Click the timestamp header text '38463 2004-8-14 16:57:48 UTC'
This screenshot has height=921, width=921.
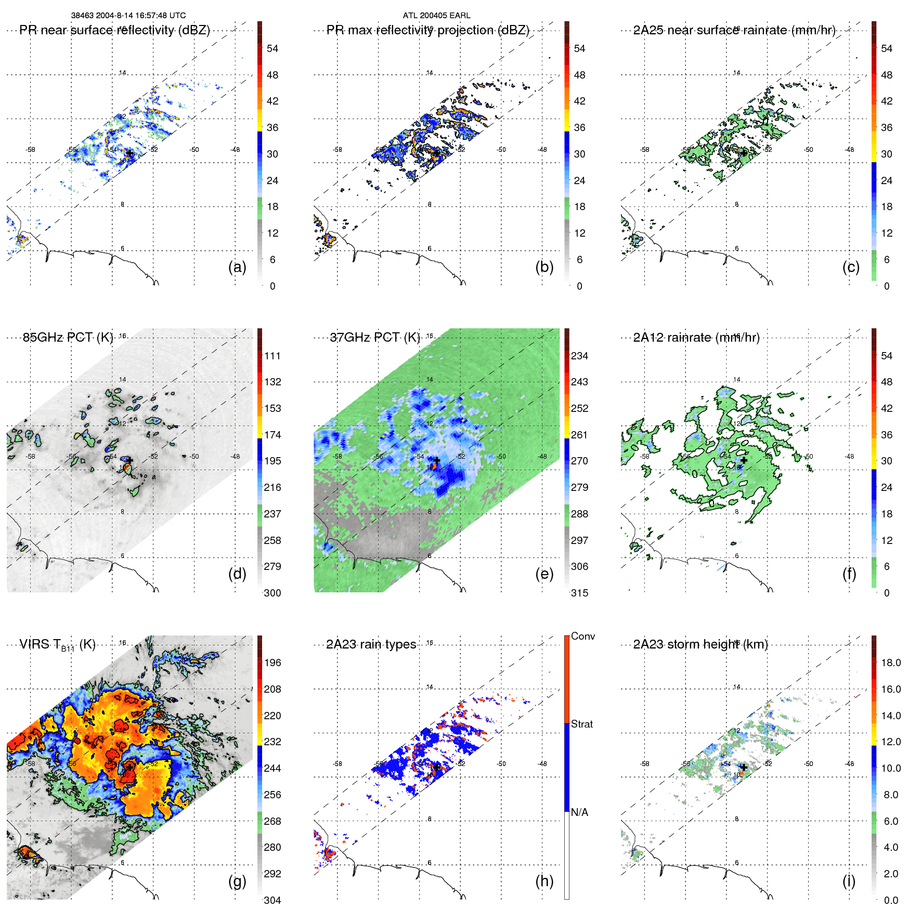click(x=128, y=16)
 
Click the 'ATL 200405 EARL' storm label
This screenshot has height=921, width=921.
click(x=436, y=16)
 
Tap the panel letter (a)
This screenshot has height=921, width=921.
click(x=237, y=267)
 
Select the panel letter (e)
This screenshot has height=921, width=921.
click(x=544, y=574)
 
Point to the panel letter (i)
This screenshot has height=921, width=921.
click(x=849, y=881)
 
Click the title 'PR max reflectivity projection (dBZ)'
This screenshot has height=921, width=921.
click(x=427, y=30)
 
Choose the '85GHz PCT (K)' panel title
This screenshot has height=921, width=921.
click(x=68, y=338)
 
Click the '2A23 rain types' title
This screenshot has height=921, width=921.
click(x=371, y=644)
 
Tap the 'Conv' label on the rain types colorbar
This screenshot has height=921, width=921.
click(x=582, y=636)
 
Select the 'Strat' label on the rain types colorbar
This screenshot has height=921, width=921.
click(x=581, y=724)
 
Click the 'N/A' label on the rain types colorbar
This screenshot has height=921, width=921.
click(x=579, y=812)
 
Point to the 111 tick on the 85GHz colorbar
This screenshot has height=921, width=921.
click(x=273, y=356)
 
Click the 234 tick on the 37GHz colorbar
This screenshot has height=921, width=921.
click(x=579, y=356)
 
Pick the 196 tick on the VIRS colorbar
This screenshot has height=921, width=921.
click(x=273, y=663)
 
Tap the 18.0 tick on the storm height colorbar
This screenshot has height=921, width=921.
click(x=890, y=663)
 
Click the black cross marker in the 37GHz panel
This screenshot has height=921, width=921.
click(x=437, y=460)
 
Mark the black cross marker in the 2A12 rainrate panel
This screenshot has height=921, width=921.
click(x=744, y=460)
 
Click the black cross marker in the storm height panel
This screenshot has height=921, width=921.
click(x=744, y=767)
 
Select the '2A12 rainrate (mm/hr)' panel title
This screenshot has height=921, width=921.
click(x=696, y=338)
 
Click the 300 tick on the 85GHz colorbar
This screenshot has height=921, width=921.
click(x=273, y=593)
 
